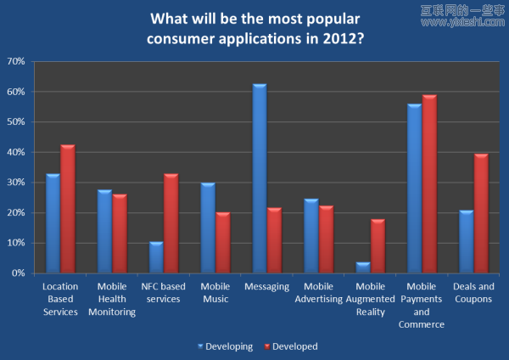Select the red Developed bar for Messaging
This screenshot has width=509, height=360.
tap(273, 240)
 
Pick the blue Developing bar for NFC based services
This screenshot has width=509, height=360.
tap(155, 257)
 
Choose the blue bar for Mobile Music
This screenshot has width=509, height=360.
tap(208, 228)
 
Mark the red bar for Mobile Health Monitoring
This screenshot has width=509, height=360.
tap(120, 233)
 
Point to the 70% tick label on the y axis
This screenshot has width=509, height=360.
tap(15, 61)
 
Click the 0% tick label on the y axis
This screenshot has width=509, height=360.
tap(18, 273)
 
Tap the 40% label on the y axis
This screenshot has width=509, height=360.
tap(15, 152)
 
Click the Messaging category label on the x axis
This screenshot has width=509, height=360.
tap(266, 288)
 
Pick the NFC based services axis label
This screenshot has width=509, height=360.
tap(163, 293)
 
